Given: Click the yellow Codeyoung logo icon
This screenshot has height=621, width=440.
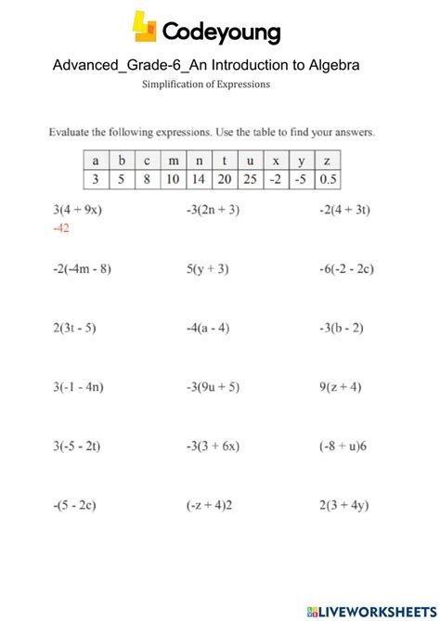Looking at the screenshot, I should [146, 28].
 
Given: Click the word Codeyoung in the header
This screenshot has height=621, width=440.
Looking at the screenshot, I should [221, 33].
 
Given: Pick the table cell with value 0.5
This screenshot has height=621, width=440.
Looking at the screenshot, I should [327, 178].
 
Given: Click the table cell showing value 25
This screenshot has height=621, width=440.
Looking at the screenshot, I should [249, 178].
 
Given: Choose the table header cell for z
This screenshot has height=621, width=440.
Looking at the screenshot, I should [327, 159].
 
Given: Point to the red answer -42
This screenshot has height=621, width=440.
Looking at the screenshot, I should [62, 226].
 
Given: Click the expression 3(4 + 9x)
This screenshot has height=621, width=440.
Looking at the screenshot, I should [77, 210].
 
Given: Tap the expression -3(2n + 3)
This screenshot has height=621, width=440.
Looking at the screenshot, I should [214, 210].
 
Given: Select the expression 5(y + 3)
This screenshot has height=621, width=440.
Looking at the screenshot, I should [208, 269].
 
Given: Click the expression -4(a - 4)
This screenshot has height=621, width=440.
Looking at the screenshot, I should [210, 328].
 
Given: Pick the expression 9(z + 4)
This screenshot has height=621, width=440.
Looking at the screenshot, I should [341, 387].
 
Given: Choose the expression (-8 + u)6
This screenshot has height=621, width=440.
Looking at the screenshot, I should [343, 446].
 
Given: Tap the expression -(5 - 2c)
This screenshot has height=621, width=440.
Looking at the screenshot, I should [75, 506].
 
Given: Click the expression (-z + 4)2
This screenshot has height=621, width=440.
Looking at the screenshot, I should [212, 506].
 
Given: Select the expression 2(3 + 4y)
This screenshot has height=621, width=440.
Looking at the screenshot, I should [344, 506].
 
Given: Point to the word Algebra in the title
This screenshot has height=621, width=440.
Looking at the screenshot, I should [330, 65].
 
